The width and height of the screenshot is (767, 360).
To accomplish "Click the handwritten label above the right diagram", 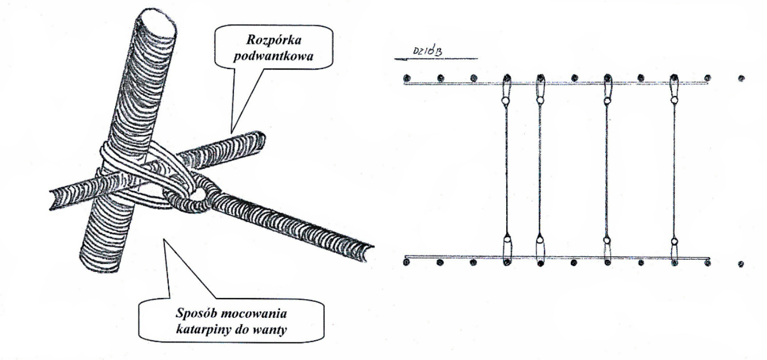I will (x=427, y=53).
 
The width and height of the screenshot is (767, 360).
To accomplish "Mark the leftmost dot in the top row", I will (x=406, y=77).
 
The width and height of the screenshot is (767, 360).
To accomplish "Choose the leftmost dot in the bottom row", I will (x=406, y=263).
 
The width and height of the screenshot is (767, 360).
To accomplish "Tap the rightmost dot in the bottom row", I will (x=741, y=263).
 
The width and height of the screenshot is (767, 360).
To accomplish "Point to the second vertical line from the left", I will (x=540, y=170).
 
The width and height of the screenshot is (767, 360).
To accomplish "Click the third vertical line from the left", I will (x=607, y=170).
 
